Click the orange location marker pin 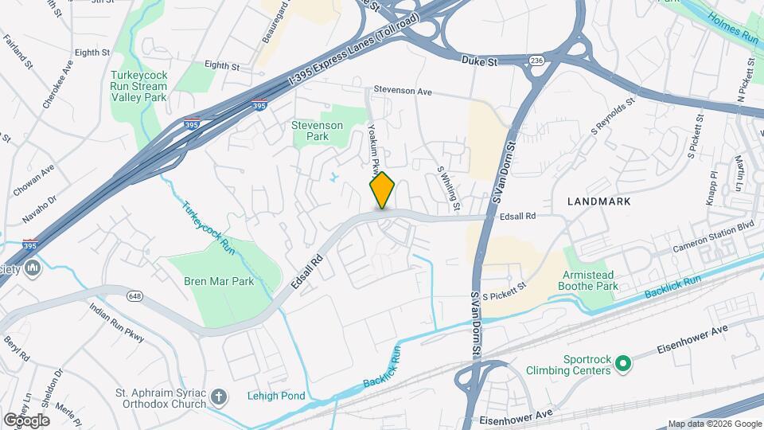click(383, 190)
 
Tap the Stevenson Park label click(317, 131)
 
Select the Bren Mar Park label click(219, 281)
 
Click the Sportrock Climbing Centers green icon click(624, 364)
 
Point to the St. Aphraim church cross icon click(223, 396)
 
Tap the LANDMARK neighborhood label click(599, 201)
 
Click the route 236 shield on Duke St click(537, 61)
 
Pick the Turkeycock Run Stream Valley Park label click(138, 86)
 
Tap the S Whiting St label click(448, 189)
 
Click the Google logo click(26, 420)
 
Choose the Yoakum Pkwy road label click(372, 147)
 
